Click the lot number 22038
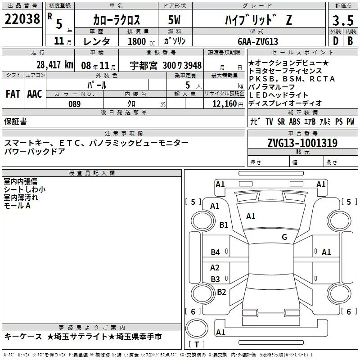click(22, 19)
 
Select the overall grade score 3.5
click(343, 20)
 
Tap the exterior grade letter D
click(336, 41)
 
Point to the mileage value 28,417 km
click(55, 65)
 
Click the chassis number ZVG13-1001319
click(302, 143)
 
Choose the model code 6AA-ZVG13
click(258, 41)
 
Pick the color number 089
click(75, 104)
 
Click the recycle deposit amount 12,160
click(225, 104)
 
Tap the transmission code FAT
click(13, 94)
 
